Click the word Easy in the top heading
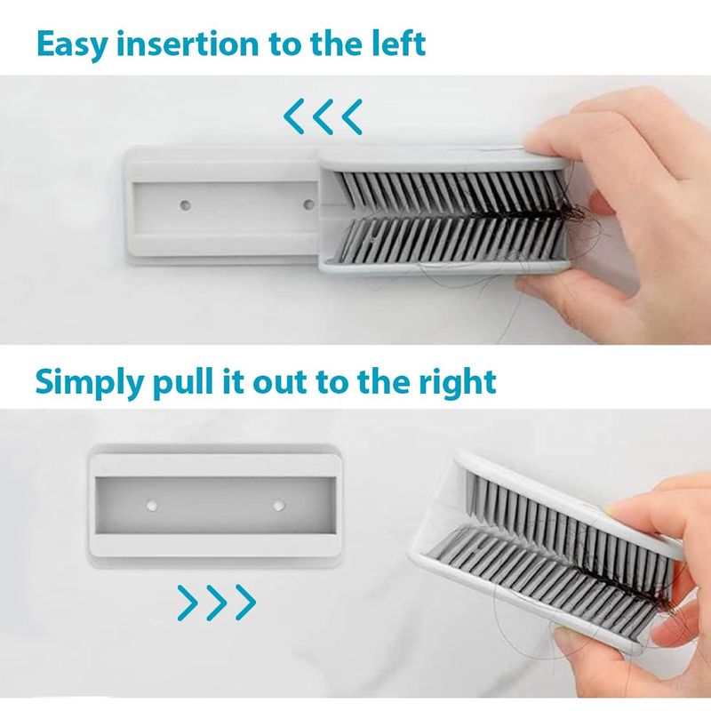pos(72,44)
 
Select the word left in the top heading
pos(399,43)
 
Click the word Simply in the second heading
pos(89,383)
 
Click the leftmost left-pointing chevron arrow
pos(294,116)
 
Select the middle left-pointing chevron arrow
pos(323,116)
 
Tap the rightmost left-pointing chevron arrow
pos(352,116)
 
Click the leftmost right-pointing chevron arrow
pos(188,603)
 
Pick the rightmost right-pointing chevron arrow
pos(246,603)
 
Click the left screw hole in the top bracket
pos(185,205)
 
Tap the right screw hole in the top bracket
pos(308,204)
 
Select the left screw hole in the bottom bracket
pos(151,505)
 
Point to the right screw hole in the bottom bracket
pos(278,505)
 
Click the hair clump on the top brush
pos(569,212)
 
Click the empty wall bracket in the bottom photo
pos(215,506)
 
